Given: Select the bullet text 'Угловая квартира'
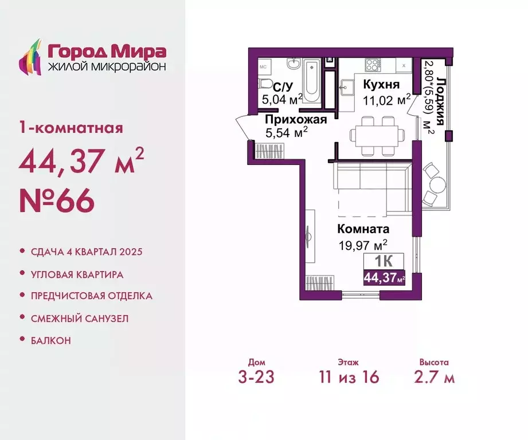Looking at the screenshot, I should [x=77, y=274].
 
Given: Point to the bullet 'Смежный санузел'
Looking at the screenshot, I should [x=79, y=318].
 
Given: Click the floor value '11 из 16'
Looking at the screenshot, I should [x=350, y=378].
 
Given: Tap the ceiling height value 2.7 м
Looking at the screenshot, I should [x=434, y=378].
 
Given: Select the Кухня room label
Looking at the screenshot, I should [x=381, y=85].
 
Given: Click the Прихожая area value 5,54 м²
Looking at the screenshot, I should [x=287, y=133].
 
